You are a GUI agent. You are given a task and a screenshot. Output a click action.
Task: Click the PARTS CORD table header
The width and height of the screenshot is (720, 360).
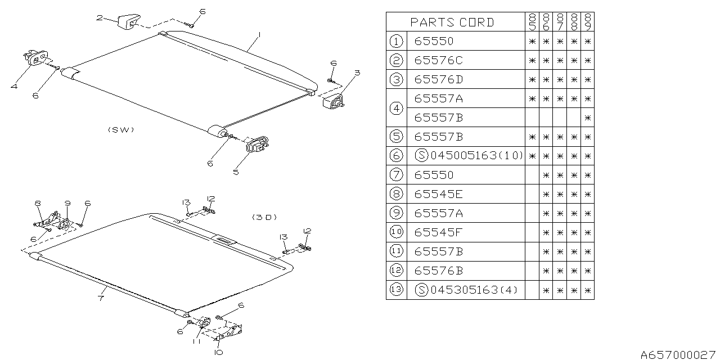[452, 22]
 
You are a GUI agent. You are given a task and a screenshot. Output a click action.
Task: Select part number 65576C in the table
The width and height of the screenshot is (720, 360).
[439, 60]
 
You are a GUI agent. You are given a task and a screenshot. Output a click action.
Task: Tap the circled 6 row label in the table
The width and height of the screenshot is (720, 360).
[396, 156]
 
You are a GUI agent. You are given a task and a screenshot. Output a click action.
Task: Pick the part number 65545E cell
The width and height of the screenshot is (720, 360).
[439, 194]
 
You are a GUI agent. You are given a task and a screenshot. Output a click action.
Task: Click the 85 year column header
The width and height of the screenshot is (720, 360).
[532, 22]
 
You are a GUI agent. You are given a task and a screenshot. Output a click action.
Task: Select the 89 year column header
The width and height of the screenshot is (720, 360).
[587, 22]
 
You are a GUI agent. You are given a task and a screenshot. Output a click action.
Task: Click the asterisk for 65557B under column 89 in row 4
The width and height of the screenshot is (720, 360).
[587, 118]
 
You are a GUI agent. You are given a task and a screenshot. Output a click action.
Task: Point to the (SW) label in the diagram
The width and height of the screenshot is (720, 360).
[121, 129]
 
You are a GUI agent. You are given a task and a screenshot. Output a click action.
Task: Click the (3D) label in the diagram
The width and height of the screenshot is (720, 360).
[264, 217]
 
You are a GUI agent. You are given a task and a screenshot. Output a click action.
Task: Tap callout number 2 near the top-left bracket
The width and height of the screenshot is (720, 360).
[99, 18]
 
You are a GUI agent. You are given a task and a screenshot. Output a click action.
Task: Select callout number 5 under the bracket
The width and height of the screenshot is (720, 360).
[236, 172]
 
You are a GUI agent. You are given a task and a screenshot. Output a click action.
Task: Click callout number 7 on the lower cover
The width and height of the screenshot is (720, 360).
[100, 298]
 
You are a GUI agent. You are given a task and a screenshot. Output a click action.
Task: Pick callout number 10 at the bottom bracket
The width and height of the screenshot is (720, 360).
[218, 352]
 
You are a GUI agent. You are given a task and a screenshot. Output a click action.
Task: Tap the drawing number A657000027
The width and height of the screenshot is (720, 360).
[679, 354]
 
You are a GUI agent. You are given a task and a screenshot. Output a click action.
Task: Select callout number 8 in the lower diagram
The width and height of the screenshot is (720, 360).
[38, 203]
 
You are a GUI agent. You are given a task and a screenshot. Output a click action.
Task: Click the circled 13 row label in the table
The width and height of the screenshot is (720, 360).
[396, 290]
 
